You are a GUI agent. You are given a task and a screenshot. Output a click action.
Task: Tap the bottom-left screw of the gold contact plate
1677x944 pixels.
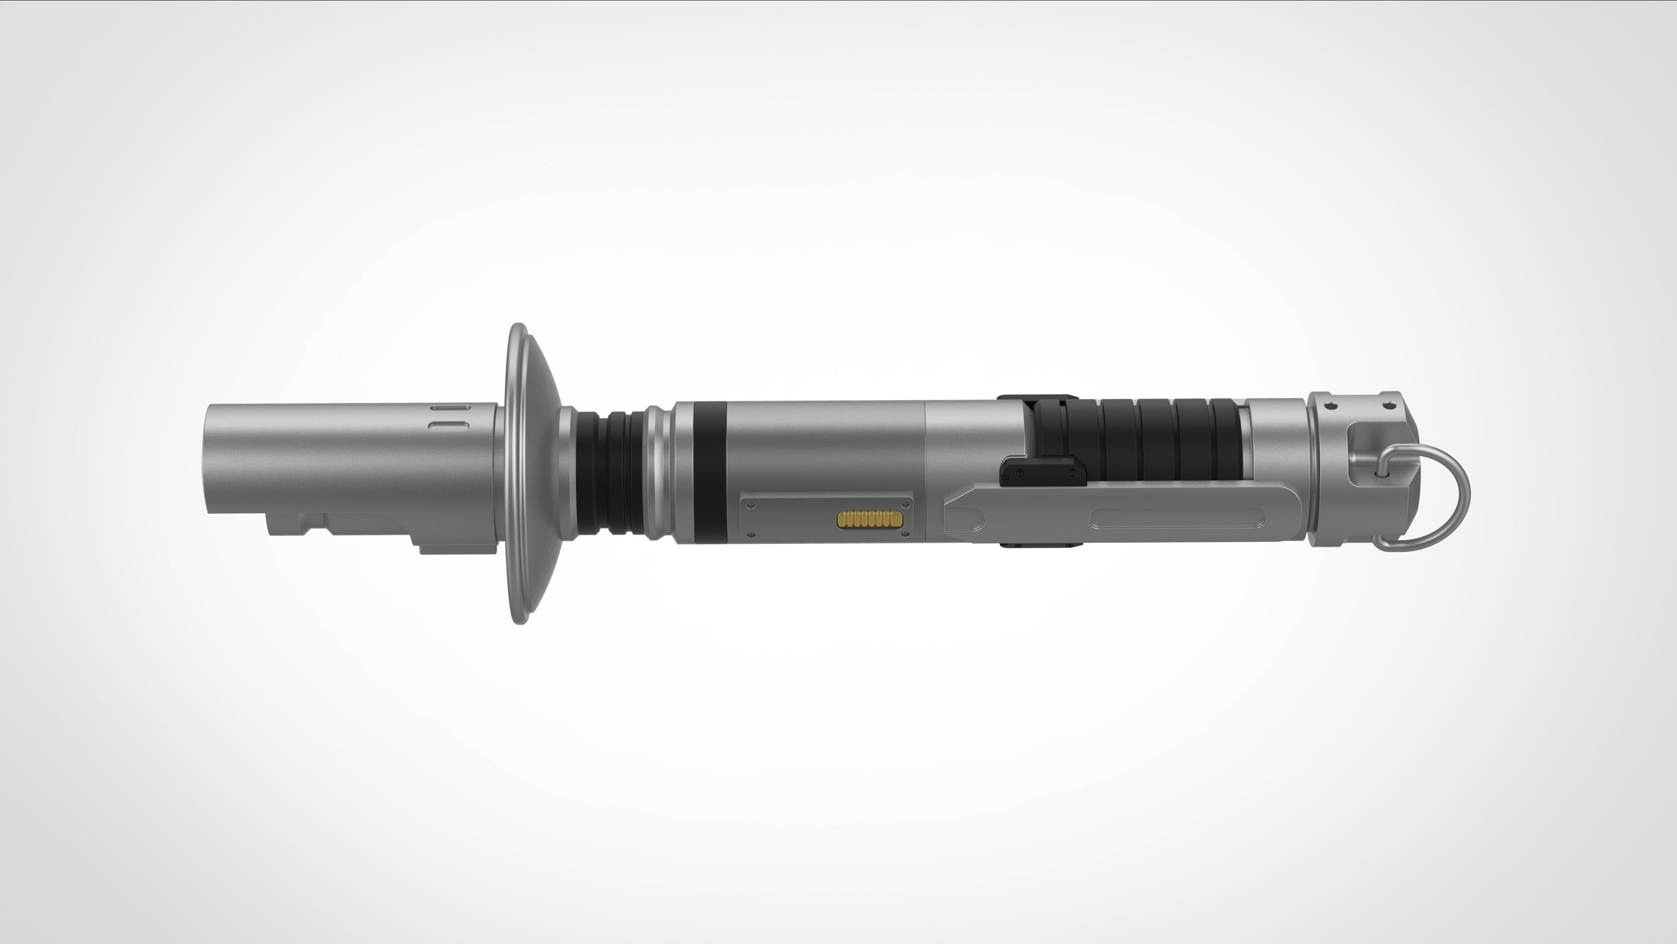[752, 535]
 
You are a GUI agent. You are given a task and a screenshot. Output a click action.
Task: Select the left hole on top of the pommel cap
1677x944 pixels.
[1331, 405]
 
